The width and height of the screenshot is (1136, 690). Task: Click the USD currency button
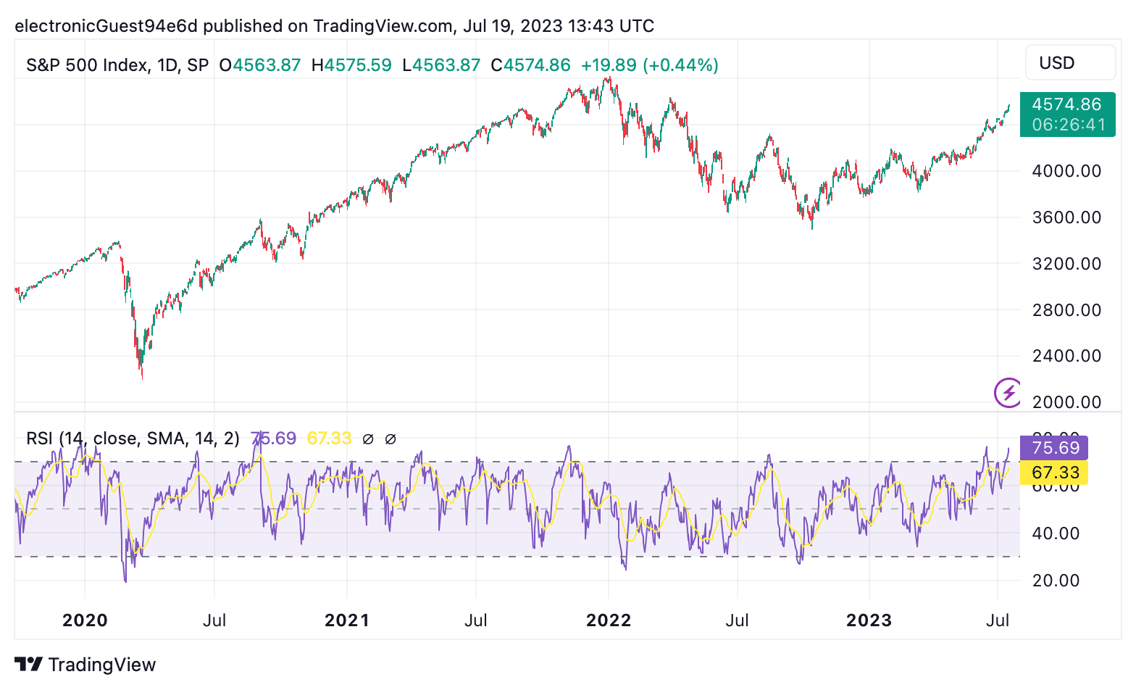pos(1069,63)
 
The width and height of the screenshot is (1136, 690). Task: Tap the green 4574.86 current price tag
pos(1066,114)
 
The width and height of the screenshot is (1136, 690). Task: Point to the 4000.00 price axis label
pos(1066,171)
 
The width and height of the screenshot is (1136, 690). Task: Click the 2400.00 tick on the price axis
pos(1066,356)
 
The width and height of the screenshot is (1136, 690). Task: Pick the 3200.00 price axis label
pos(1066,264)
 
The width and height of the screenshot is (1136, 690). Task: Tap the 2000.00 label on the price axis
pos(1066,402)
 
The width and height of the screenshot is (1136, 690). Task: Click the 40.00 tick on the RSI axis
pos(1056,533)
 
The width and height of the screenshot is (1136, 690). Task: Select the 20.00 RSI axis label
pos(1056,581)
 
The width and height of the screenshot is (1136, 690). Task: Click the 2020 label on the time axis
pos(85,620)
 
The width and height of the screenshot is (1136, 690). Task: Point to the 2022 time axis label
pos(609,620)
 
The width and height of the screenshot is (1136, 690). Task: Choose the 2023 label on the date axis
pos(869,620)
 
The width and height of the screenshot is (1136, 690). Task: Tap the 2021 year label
pos(347,620)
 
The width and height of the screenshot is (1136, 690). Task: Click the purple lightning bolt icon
pos(1008,393)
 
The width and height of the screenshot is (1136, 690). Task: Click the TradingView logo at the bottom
pos(85,665)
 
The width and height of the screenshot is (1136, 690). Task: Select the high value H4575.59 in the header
pos(351,65)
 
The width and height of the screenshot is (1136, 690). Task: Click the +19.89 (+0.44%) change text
pos(649,65)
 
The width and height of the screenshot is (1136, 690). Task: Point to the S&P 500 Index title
pos(87,65)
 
